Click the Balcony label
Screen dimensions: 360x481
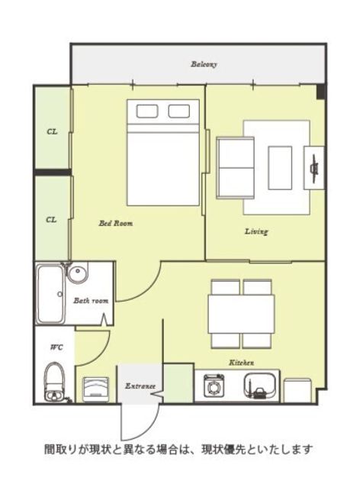pyautogui.click(x=204, y=64)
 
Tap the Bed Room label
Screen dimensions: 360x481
pyautogui.click(x=116, y=223)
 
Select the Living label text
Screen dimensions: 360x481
pyautogui.click(x=256, y=231)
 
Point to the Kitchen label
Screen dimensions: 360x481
pyautogui.click(x=242, y=363)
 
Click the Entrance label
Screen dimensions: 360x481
pyautogui.click(x=140, y=386)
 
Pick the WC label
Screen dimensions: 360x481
pyautogui.click(x=57, y=347)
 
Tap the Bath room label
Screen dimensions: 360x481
pyautogui.click(x=91, y=301)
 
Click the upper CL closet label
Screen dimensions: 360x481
pyautogui.click(x=52, y=132)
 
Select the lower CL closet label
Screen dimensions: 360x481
pyautogui.click(x=51, y=220)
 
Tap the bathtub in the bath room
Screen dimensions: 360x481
pyautogui.click(x=50, y=294)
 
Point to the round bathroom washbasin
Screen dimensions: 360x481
pyautogui.click(x=78, y=272)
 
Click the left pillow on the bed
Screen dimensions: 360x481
pyautogui.click(x=147, y=111)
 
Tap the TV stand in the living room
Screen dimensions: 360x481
pyautogui.click(x=314, y=168)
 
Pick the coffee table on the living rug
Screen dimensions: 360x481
pyautogui.click(x=280, y=168)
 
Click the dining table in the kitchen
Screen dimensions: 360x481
pyautogui.click(x=242, y=314)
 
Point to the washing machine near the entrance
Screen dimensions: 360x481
pyautogui.click(x=96, y=389)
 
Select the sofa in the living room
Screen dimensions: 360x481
pyautogui.click(x=236, y=168)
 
